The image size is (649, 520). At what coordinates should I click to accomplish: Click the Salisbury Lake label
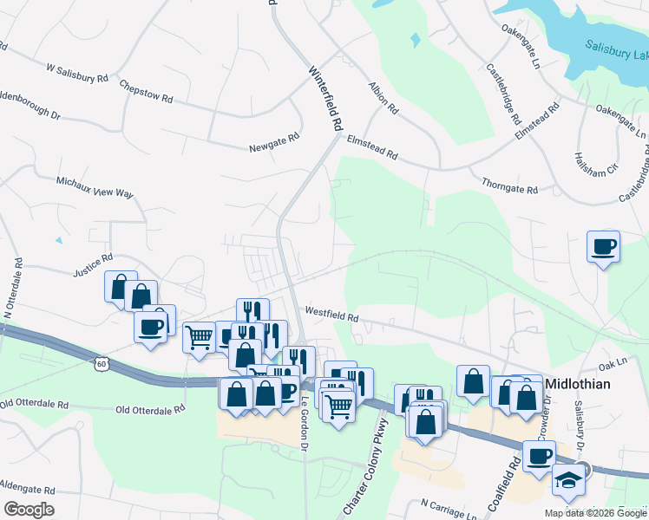coord(615,51)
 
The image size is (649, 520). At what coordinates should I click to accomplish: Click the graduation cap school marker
coord(568,482)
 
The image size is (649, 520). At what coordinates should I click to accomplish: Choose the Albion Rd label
coord(383,99)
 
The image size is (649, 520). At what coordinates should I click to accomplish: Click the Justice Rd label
coord(93,264)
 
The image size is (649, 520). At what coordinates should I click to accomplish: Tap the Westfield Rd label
coord(331,314)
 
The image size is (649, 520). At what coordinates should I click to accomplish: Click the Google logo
coord(29,510)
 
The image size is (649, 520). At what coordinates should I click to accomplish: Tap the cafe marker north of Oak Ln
coord(603,247)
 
